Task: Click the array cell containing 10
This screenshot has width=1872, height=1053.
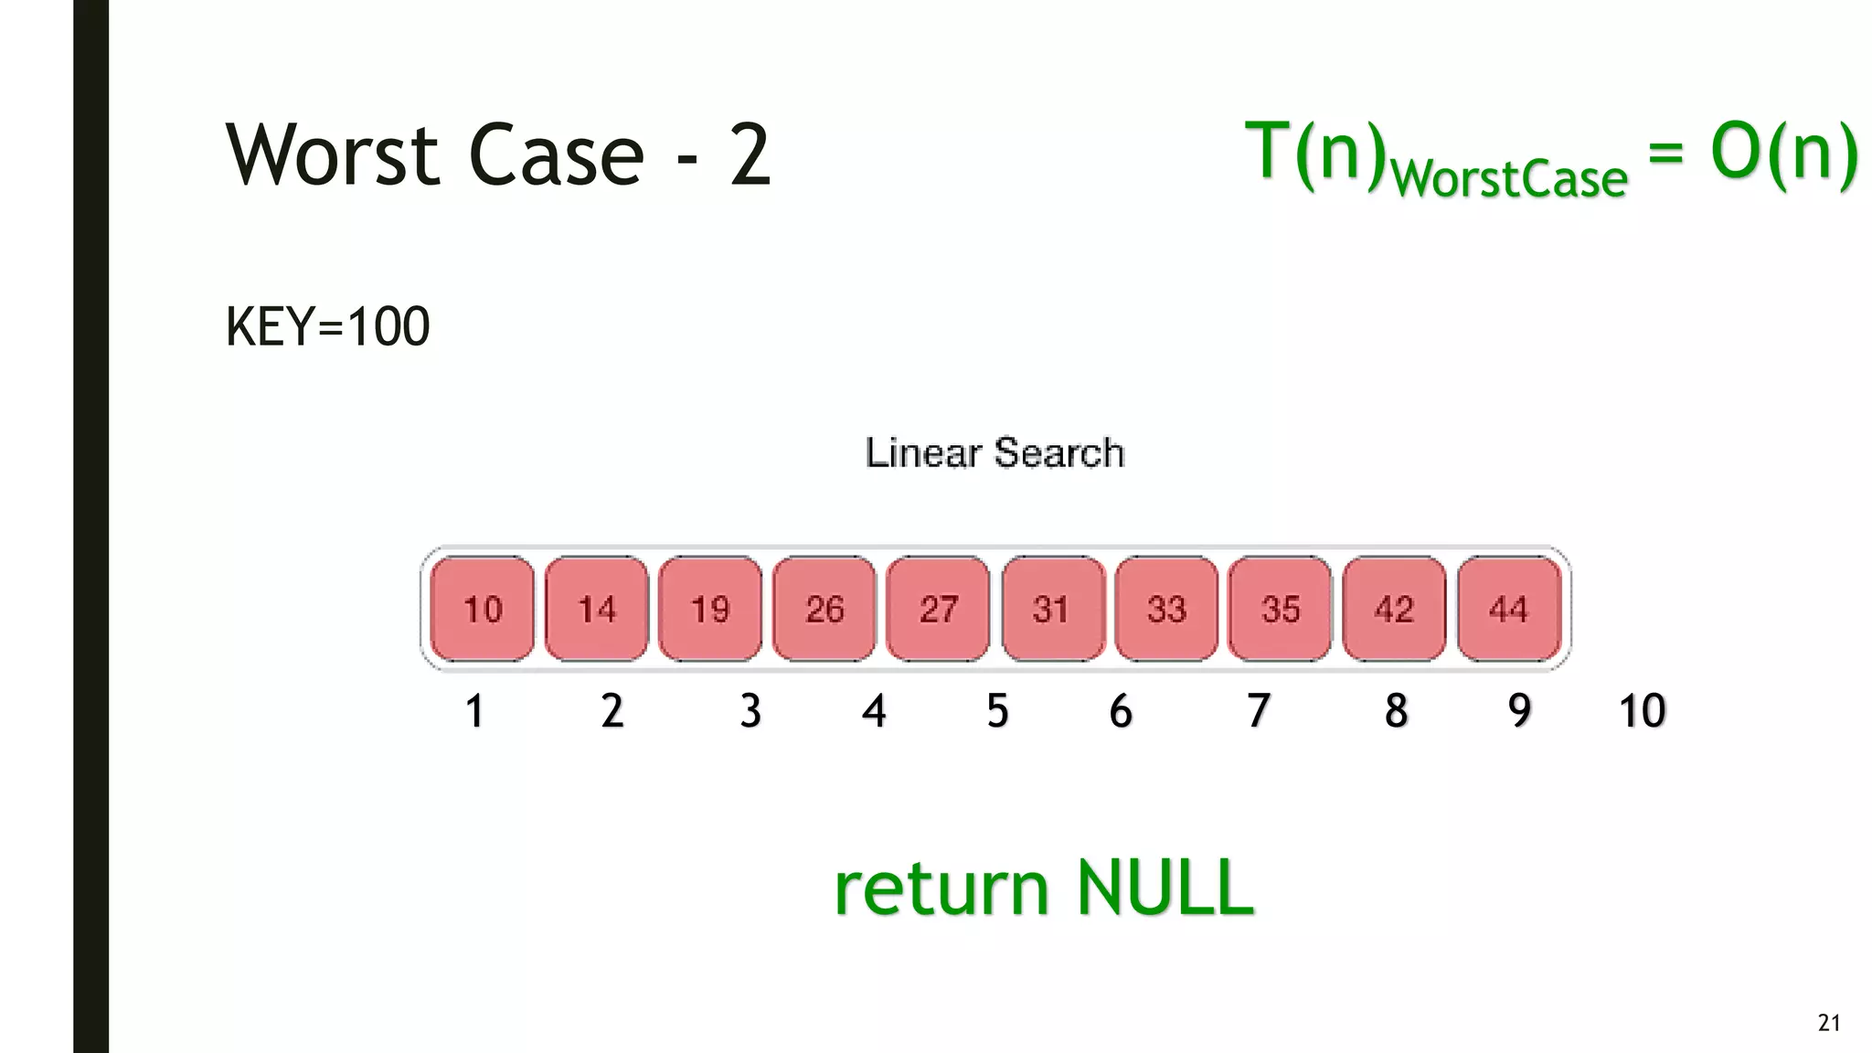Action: point(483,609)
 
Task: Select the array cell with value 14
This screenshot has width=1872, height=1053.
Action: point(597,609)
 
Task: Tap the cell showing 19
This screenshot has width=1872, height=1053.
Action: point(710,609)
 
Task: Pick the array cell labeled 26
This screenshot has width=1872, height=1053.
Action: point(824,609)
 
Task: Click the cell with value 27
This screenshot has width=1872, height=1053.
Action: point(938,609)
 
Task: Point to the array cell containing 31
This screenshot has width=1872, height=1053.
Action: point(1052,609)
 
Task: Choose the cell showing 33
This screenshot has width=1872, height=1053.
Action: point(1166,609)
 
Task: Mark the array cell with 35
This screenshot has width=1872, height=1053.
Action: point(1280,609)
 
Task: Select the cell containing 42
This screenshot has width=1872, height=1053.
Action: point(1394,609)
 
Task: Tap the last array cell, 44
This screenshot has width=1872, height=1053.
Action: point(1508,609)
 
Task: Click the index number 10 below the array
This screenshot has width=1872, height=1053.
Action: point(1642,711)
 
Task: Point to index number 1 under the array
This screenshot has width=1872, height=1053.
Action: point(474,711)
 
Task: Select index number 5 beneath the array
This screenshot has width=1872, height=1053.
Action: point(997,711)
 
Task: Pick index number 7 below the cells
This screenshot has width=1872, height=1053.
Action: point(1259,711)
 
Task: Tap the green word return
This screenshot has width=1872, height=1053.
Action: point(941,888)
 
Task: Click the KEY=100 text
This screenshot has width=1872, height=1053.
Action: point(327,327)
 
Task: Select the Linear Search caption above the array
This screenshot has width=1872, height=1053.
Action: point(994,453)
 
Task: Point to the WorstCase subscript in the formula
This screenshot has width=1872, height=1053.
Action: point(1509,178)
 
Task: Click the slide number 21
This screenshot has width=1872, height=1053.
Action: point(1829,1023)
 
